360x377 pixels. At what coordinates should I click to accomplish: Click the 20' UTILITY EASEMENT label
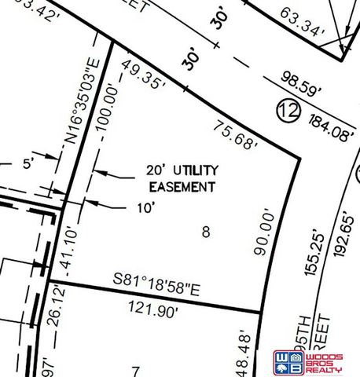coord(182,178)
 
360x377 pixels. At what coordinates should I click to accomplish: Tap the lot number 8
coord(206,232)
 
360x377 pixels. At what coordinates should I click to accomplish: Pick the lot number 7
coord(135,370)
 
